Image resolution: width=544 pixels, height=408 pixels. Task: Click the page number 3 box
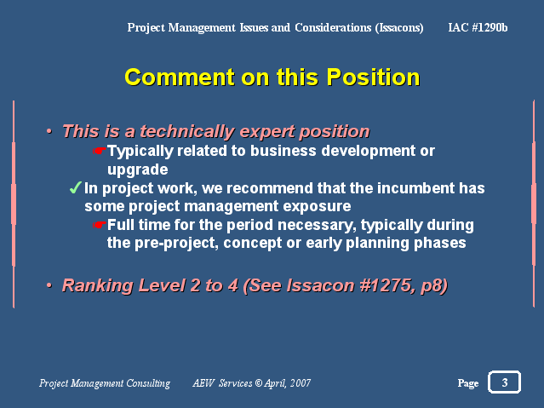coord(504,382)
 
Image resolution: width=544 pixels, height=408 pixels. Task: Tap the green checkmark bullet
coord(75,188)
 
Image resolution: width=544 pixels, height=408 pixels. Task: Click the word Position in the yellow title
coord(373,78)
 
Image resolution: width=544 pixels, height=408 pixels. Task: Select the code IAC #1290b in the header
coord(478,27)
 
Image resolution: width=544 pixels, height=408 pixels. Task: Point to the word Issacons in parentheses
coord(399,27)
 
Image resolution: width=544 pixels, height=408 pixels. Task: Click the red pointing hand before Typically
coord(100,151)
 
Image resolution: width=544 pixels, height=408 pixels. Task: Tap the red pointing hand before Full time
coord(100,225)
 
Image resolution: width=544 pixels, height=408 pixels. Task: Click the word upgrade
coord(137,170)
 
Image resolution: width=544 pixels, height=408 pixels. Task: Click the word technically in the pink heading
coord(187,132)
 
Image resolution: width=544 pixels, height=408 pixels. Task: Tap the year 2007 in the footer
coord(301,383)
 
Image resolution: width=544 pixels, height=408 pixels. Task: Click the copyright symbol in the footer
coord(259,383)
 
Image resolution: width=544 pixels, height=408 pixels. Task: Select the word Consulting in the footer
coord(148,383)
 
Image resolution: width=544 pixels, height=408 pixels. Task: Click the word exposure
coord(317,207)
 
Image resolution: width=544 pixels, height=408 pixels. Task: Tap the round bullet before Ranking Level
coord(49,285)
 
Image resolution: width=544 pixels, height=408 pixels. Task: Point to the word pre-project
coord(176,244)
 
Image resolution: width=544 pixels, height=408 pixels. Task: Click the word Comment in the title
coord(180,78)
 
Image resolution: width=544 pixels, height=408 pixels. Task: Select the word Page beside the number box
coord(468,383)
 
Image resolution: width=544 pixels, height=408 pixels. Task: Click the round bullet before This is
coord(49,131)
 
